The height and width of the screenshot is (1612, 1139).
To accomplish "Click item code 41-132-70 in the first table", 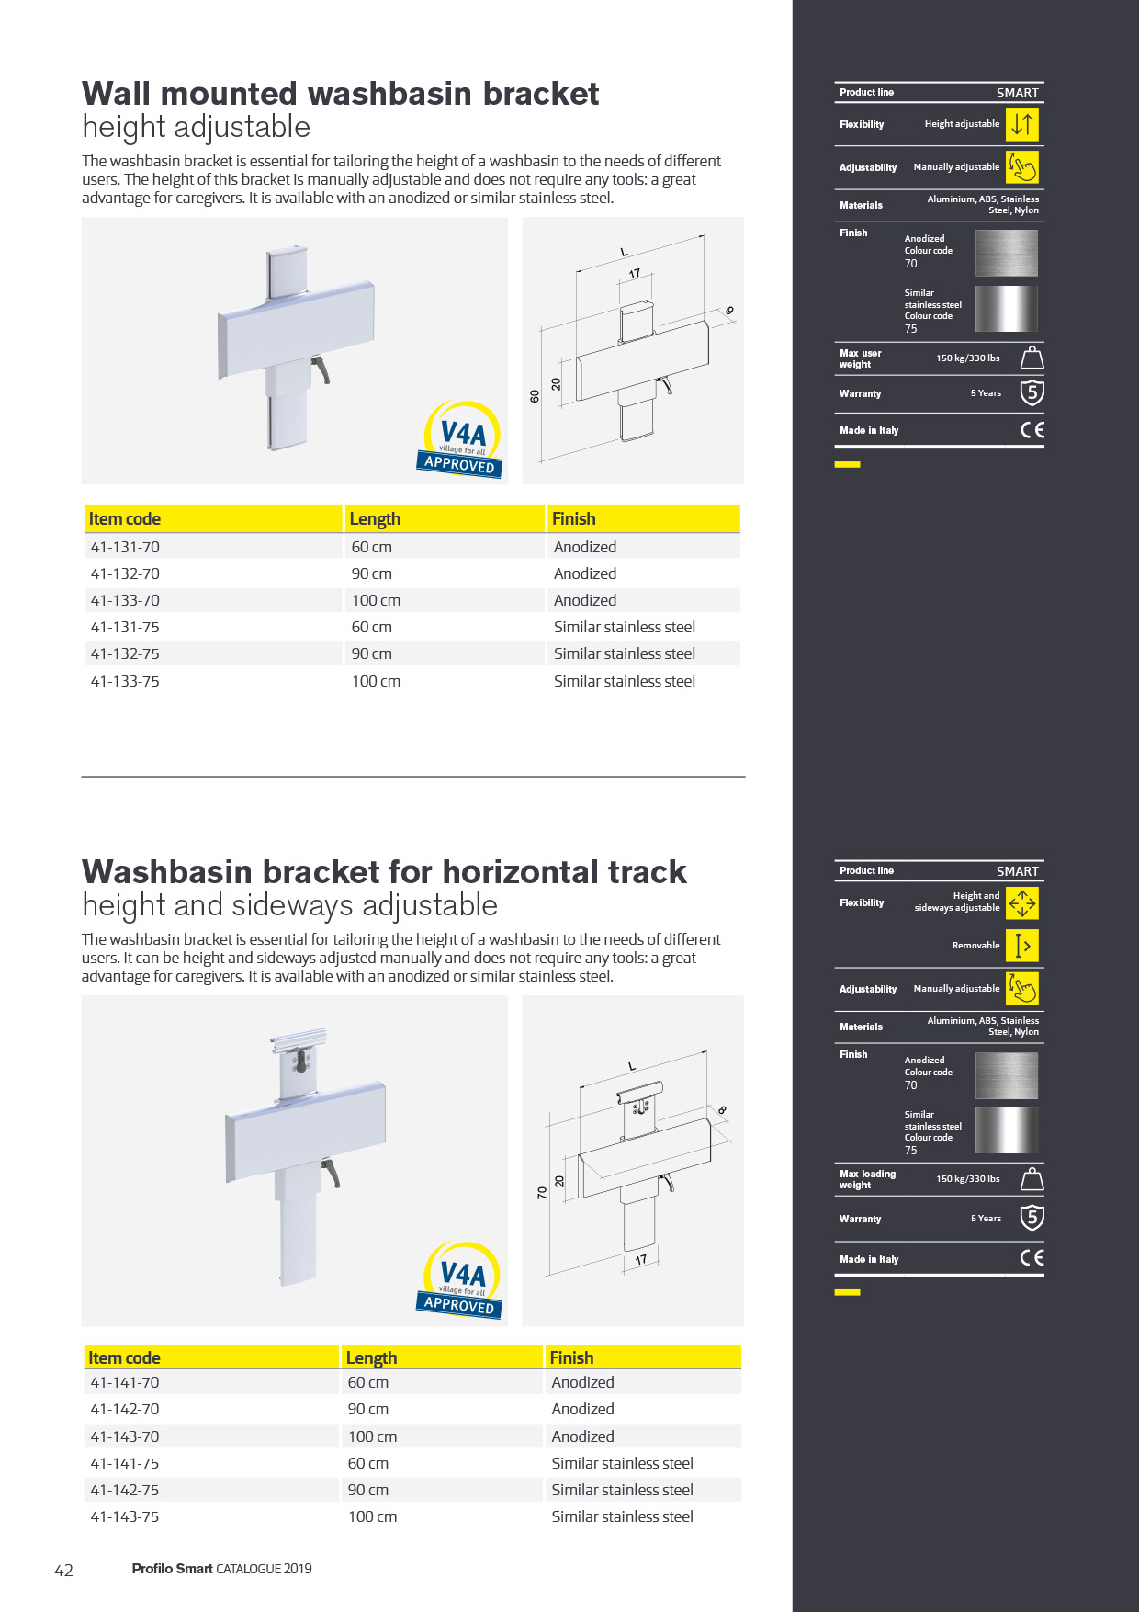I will [125, 573].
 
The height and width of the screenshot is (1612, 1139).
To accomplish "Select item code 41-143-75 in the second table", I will [125, 1516].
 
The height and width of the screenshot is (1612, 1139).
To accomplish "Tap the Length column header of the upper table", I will [375, 519].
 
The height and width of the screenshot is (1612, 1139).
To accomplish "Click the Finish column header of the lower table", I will [571, 1357].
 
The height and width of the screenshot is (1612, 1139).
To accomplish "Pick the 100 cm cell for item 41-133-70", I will [376, 600].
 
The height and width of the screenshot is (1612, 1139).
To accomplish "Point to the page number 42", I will [63, 1570].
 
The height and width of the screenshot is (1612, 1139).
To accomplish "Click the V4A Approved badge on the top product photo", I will [462, 439].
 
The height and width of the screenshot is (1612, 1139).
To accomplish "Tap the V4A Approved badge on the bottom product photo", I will [462, 1280].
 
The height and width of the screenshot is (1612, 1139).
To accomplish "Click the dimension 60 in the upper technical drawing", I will [535, 396].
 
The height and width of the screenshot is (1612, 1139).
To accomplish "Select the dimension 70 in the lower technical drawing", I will [542, 1193].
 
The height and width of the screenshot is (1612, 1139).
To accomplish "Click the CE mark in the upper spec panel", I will [1032, 430].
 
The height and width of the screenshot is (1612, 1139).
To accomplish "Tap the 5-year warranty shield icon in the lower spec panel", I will [1032, 1218].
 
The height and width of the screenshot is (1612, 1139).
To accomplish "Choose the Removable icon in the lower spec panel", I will [1021, 946].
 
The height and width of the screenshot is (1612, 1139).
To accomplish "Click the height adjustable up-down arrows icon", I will [1021, 124].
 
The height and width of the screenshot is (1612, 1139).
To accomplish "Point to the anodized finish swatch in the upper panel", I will [1006, 253].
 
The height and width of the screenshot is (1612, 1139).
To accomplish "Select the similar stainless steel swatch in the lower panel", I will [1006, 1130].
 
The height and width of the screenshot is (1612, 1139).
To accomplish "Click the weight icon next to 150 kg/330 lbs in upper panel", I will [1032, 358].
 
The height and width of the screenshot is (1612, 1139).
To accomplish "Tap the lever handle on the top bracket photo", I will [321, 369].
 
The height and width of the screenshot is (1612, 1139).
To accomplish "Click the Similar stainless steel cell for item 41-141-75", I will [622, 1463].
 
